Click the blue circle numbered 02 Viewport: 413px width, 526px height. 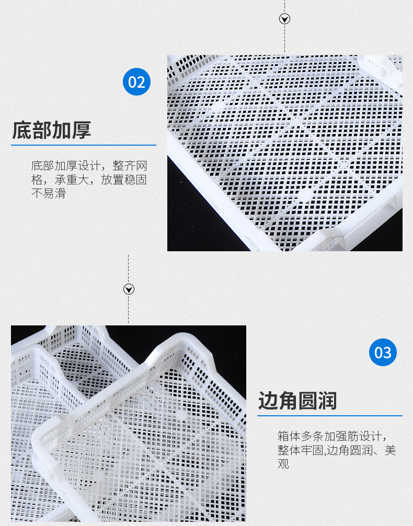[x=136, y=82]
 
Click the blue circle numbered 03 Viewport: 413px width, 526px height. [x=383, y=353]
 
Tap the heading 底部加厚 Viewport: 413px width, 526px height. [x=51, y=130]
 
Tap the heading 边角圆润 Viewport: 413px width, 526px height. [x=297, y=401]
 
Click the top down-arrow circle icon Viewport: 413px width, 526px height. [x=285, y=19]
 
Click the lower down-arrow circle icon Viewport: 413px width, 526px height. [x=129, y=289]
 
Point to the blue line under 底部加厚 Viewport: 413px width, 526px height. [x=84, y=145]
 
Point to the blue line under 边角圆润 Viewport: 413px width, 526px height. [x=329, y=416]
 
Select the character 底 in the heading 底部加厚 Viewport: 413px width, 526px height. [x=21, y=130]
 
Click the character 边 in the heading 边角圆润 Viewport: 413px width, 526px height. [x=268, y=401]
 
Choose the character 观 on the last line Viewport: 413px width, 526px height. [x=283, y=463]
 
